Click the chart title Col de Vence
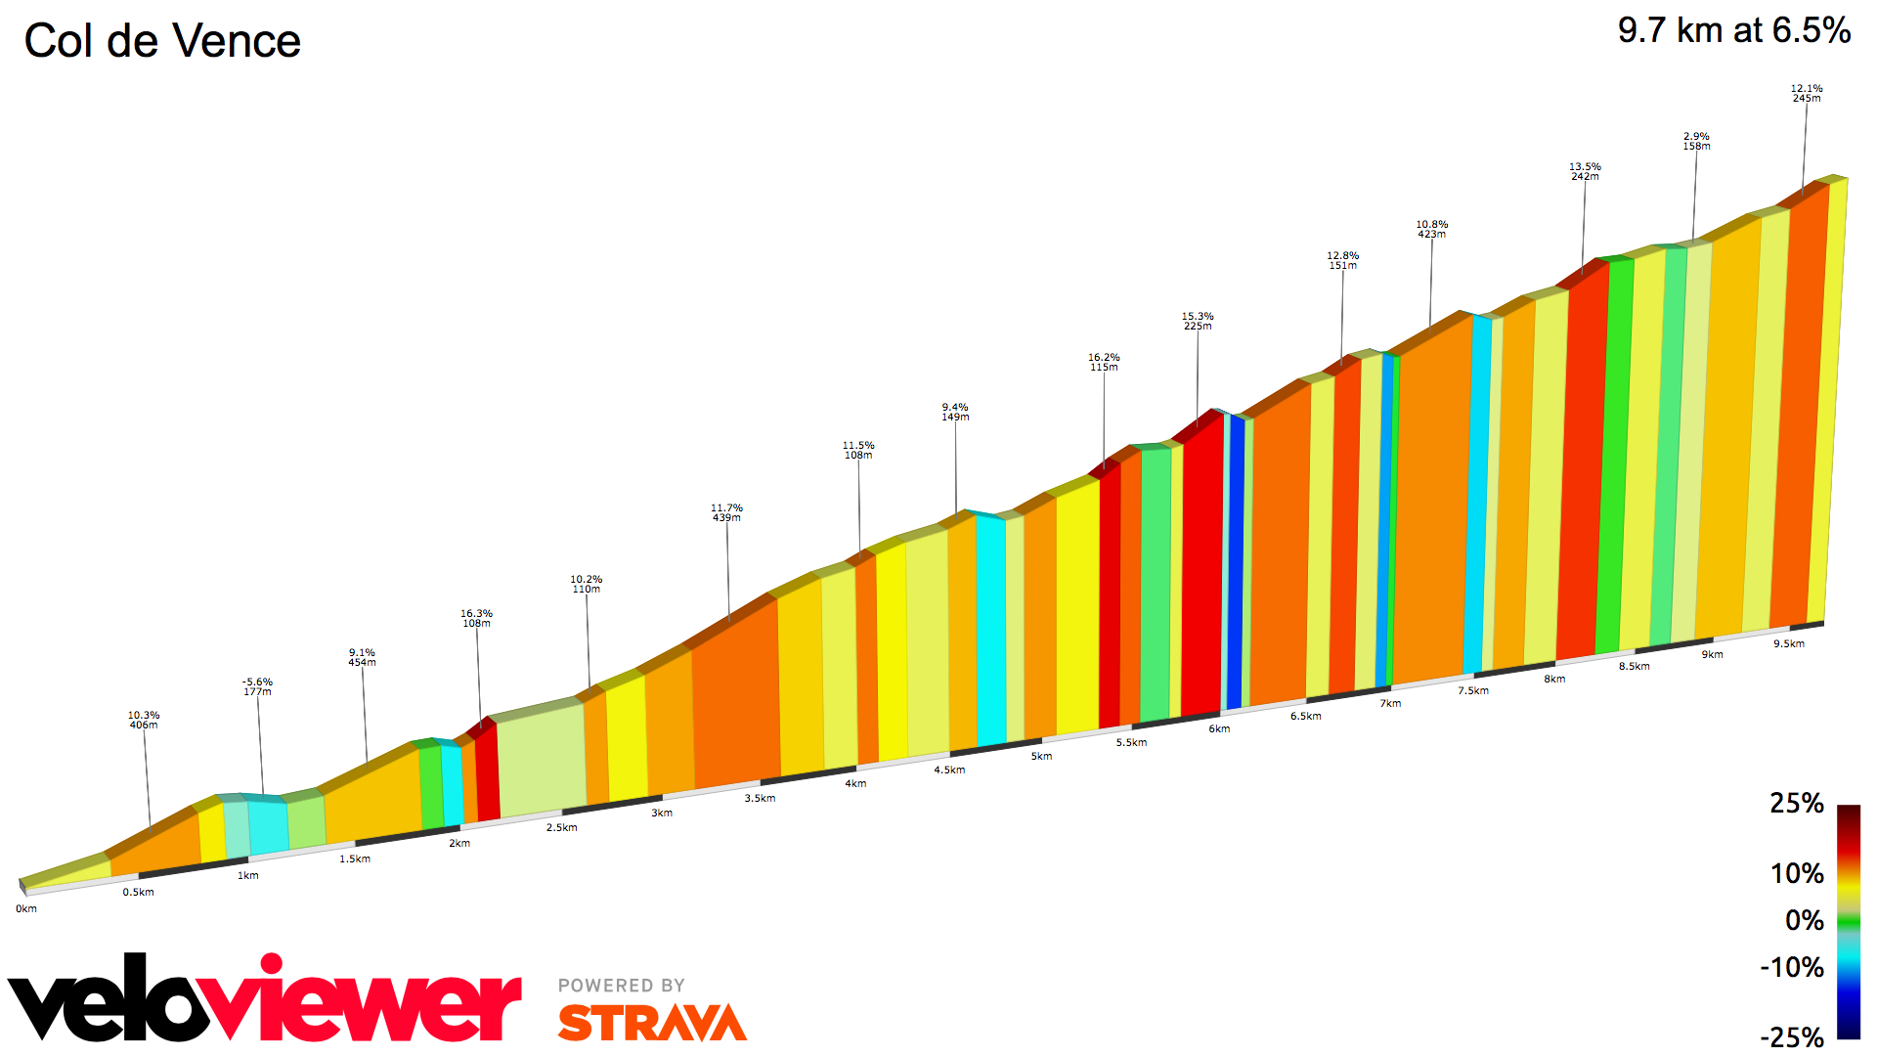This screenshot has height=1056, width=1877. [x=162, y=41]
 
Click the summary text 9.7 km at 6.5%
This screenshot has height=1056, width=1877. [x=1733, y=30]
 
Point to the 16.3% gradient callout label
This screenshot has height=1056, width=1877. [x=476, y=618]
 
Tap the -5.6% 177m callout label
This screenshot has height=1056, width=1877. [x=257, y=686]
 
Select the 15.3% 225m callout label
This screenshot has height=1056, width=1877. [x=1198, y=321]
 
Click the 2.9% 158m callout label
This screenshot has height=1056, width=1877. [x=1696, y=141]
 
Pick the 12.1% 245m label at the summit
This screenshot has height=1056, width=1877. [x=1806, y=93]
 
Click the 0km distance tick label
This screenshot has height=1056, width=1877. [x=26, y=908]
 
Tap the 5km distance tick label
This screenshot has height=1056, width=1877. [x=1041, y=756]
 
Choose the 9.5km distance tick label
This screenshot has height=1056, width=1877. [x=1788, y=643]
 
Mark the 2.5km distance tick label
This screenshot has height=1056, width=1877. [x=561, y=827]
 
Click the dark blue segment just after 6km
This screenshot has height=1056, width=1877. [x=1236, y=562]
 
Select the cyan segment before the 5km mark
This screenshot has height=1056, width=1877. [x=990, y=631]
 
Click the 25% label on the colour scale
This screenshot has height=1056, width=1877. [x=1796, y=804]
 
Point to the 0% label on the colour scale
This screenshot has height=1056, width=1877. [x=1804, y=920]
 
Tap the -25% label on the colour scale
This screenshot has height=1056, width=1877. [x=1791, y=1036]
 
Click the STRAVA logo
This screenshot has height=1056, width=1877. [x=652, y=1023]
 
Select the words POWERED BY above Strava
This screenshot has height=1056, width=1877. [x=621, y=986]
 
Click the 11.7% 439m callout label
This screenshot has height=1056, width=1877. [x=726, y=512]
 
